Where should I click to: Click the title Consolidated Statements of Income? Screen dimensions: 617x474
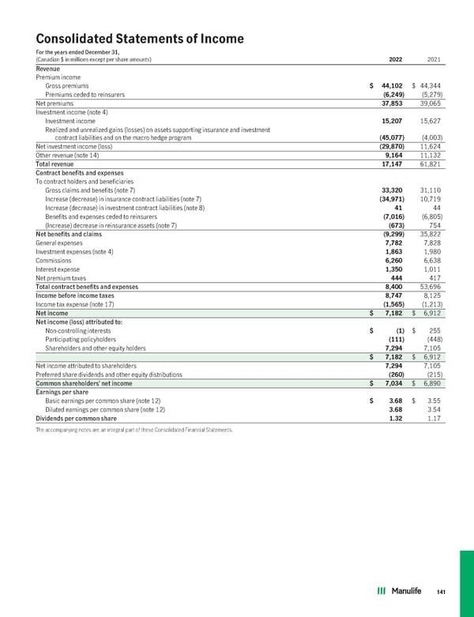[x=140, y=39]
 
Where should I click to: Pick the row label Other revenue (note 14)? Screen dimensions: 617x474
[x=69, y=154]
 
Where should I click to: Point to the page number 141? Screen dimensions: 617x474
[x=442, y=592]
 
